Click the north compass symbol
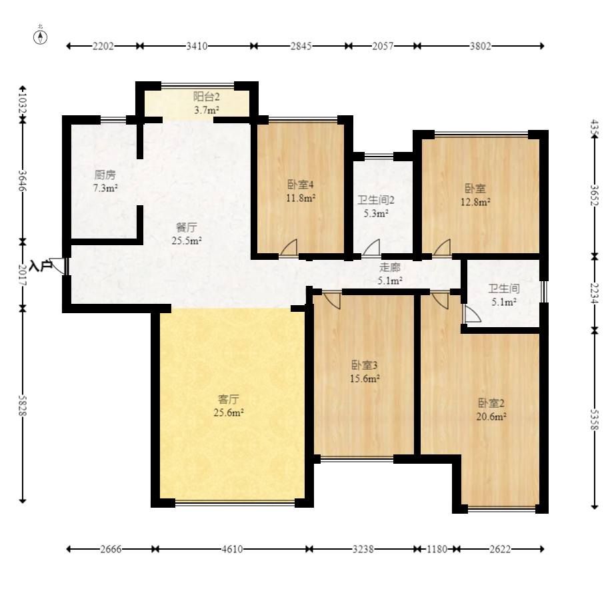[40, 37]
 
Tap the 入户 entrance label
[41, 267]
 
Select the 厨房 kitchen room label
[105, 175]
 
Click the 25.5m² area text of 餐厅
[187, 241]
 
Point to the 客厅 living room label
[229, 399]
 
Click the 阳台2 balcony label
[207, 97]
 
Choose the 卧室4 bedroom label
[301, 185]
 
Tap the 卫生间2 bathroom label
[376, 201]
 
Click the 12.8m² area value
[475, 203]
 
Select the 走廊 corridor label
[390, 267]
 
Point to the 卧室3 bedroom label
[365, 365]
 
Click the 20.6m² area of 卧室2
[491, 416]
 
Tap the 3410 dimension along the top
[197, 46]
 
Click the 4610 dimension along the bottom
[232, 549]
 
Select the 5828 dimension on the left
[23, 405]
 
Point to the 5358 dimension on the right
[594, 419]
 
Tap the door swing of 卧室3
[332, 300]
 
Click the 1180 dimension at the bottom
[437, 549]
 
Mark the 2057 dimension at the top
[383, 46]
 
